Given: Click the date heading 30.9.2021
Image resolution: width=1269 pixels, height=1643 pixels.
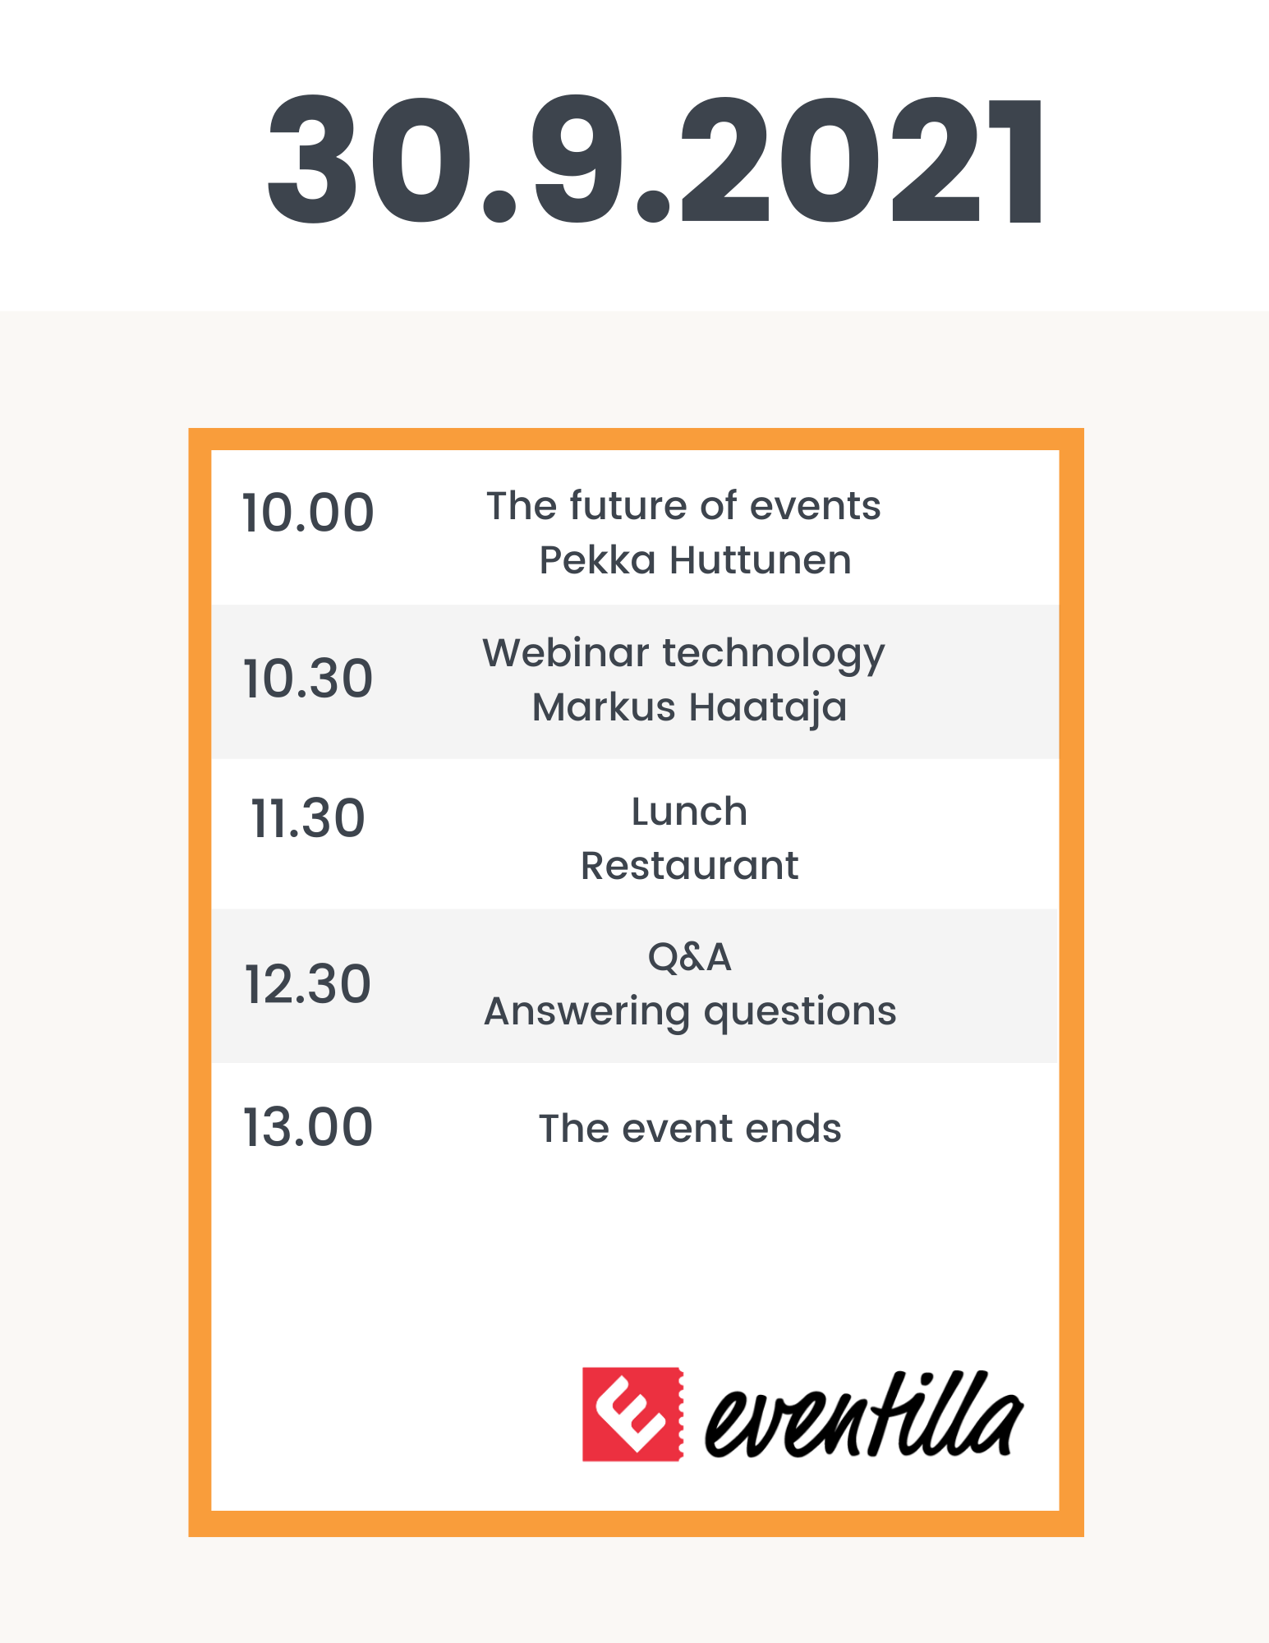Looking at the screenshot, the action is tap(655, 159).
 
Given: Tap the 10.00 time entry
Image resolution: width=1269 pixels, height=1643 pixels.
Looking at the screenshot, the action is tap(308, 513).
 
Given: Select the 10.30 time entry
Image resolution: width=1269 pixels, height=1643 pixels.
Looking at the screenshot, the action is tap(308, 679).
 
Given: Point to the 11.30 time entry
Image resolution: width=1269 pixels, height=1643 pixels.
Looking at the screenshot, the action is tap(308, 818).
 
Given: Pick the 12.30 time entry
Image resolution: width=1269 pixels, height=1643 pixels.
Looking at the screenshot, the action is tap(308, 984).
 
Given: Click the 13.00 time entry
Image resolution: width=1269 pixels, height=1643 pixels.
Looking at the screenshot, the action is tap(308, 1126).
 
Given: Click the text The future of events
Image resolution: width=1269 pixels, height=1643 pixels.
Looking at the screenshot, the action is tap(683, 505).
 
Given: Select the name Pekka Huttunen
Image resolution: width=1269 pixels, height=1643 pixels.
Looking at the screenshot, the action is tap(695, 560).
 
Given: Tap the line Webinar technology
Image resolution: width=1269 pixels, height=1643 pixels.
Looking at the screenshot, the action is tap(683, 655).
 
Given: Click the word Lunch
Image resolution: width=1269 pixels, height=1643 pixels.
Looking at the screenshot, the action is tap(689, 812).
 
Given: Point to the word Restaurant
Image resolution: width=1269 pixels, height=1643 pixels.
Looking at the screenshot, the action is tap(689, 866).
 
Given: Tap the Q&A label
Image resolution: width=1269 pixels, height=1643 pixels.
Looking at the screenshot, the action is tap(689, 957).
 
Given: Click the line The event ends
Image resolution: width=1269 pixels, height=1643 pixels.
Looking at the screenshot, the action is tap(690, 1129).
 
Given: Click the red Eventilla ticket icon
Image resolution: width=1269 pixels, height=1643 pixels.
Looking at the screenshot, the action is tap(632, 1415).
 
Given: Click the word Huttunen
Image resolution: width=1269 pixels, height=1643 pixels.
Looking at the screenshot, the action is tap(761, 560).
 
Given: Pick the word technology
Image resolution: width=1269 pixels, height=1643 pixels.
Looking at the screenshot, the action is tap(774, 655).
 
